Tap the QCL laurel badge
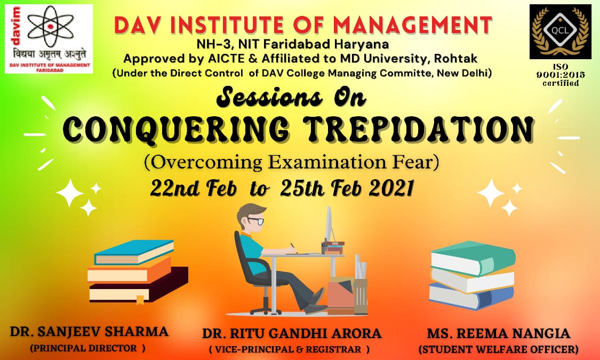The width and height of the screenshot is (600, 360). tap(560, 31)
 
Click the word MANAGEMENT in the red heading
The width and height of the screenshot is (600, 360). tap(412, 25)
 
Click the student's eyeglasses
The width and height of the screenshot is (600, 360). tap(255, 221)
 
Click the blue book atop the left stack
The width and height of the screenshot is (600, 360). tap(133, 252)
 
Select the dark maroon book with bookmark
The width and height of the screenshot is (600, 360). tap(139, 286)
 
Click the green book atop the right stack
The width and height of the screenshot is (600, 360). tap(473, 258)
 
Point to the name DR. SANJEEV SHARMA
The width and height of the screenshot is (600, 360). tap(89, 331)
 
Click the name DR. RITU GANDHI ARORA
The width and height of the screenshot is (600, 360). tap(292, 333)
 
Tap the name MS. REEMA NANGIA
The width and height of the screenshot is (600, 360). tap(499, 333)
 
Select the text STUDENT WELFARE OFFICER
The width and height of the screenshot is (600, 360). tap(499, 349)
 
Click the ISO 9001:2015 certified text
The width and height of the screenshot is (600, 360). tap(561, 75)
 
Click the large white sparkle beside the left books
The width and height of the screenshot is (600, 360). tap(70, 193)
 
